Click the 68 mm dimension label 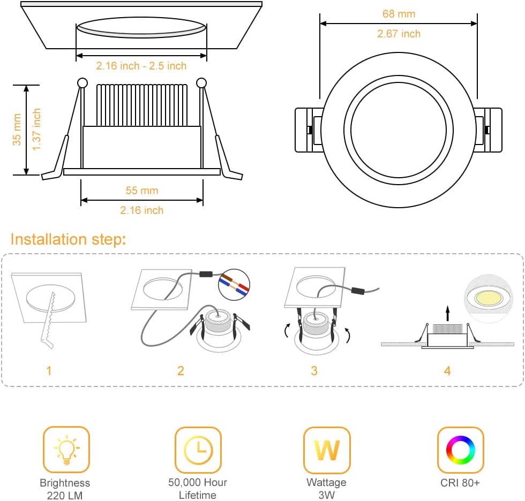[x=399, y=14]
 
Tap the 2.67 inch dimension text [x=399, y=34]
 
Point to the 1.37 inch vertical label [x=36, y=130]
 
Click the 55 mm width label [x=141, y=191]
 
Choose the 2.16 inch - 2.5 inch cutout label [x=141, y=66]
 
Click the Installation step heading [x=68, y=239]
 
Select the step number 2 [x=181, y=370]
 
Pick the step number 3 [x=314, y=370]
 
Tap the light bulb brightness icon [x=66, y=450]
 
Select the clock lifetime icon [x=198, y=450]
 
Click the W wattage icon [x=327, y=450]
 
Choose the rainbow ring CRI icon [x=460, y=450]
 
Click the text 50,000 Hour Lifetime [x=198, y=488]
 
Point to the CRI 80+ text [x=460, y=483]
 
